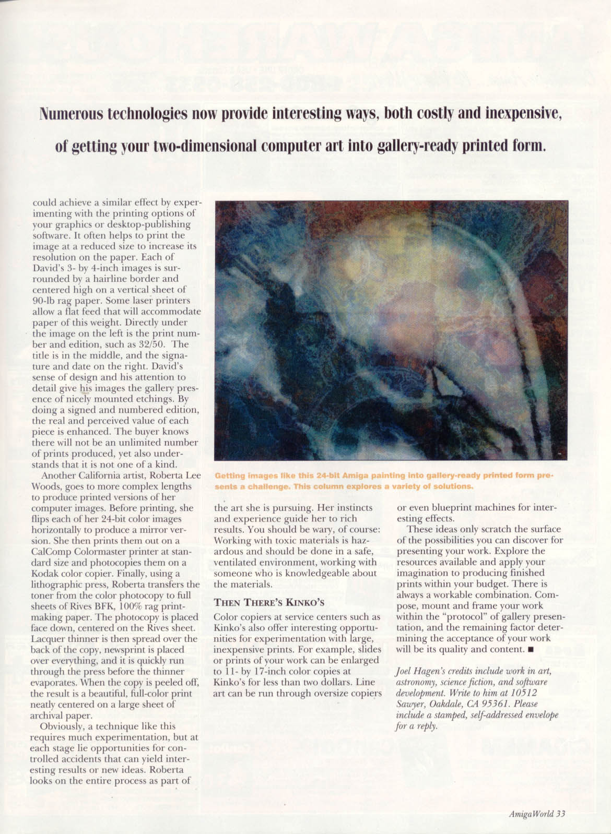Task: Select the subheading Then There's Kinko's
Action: tap(269, 602)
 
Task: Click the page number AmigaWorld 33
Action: tap(537, 813)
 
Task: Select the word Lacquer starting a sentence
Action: tap(48, 639)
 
